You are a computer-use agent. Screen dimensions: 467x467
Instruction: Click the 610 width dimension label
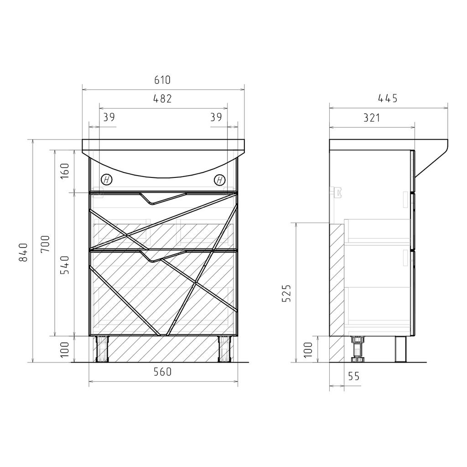162,80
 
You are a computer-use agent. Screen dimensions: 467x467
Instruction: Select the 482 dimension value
162,99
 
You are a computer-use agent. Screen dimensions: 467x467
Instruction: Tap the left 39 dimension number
109,117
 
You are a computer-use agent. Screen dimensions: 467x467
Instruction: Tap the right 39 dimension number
216,117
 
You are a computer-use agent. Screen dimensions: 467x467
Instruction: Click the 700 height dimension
45,244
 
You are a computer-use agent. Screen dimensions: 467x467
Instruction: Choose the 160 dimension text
65,171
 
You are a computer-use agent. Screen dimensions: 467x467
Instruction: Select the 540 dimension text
65,265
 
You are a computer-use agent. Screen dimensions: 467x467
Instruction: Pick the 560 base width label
163,372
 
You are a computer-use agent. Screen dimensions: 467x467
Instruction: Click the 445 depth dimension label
388,99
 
